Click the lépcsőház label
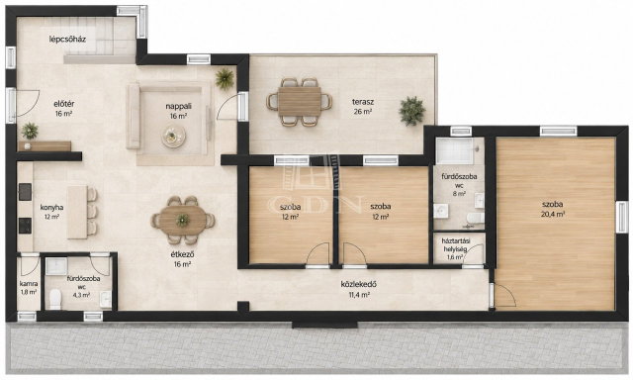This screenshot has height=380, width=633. pyautogui.click(x=67, y=40)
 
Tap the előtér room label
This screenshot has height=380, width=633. pyautogui.click(x=64, y=104)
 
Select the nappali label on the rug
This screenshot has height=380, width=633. pyautogui.click(x=178, y=106)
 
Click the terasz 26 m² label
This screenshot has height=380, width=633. pyautogui.click(x=363, y=107)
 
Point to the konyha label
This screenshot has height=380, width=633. pyautogui.click(x=51, y=207)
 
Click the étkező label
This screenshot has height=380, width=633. pyautogui.click(x=182, y=254)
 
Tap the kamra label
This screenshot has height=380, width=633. pyautogui.click(x=29, y=283)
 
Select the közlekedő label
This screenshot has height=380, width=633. pyautogui.click(x=359, y=284)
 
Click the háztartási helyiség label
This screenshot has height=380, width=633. pyautogui.click(x=456, y=244)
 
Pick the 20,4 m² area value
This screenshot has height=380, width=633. pyautogui.click(x=553, y=215)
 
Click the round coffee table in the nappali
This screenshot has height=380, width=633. pyautogui.click(x=174, y=137)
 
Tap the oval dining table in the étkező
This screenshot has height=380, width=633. pyautogui.click(x=183, y=221)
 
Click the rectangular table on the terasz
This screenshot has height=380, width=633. pyautogui.click(x=299, y=102)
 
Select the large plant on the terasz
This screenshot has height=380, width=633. pyautogui.click(x=411, y=111)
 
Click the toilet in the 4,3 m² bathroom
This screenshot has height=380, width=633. pyautogui.click(x=55, y=299)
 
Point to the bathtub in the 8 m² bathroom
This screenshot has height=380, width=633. pyautogui.click(x=455, y=151)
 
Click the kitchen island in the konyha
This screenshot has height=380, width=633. pyautogui.click(x=77, y=212)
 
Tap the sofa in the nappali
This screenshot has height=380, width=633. pyautogui.click(x=134, y=116)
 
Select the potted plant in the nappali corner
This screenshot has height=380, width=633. pyautogui.click(x=225, y=78)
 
